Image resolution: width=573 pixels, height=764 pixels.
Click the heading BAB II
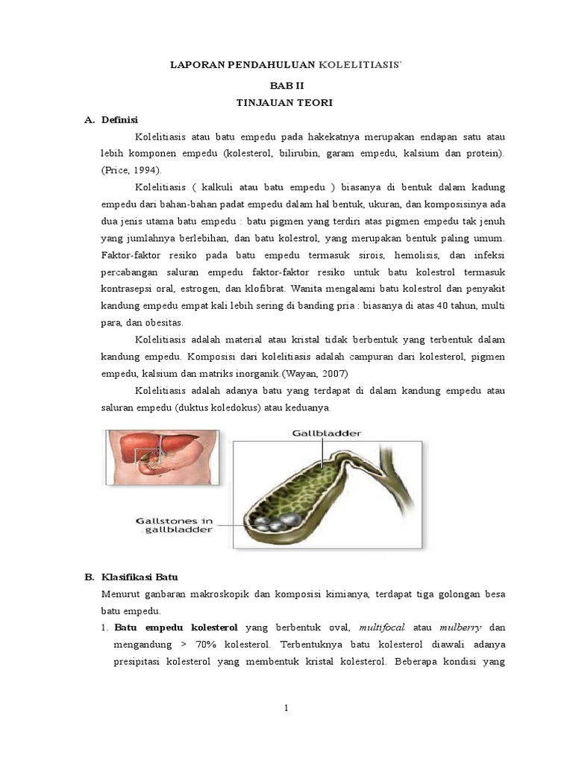pyautogui.click(x=287, y=86)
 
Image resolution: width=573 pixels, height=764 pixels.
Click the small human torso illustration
pyautogui.click(x=163, y=457)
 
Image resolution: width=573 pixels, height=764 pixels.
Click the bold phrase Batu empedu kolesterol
pyautogui.click(x=161, y=627)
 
